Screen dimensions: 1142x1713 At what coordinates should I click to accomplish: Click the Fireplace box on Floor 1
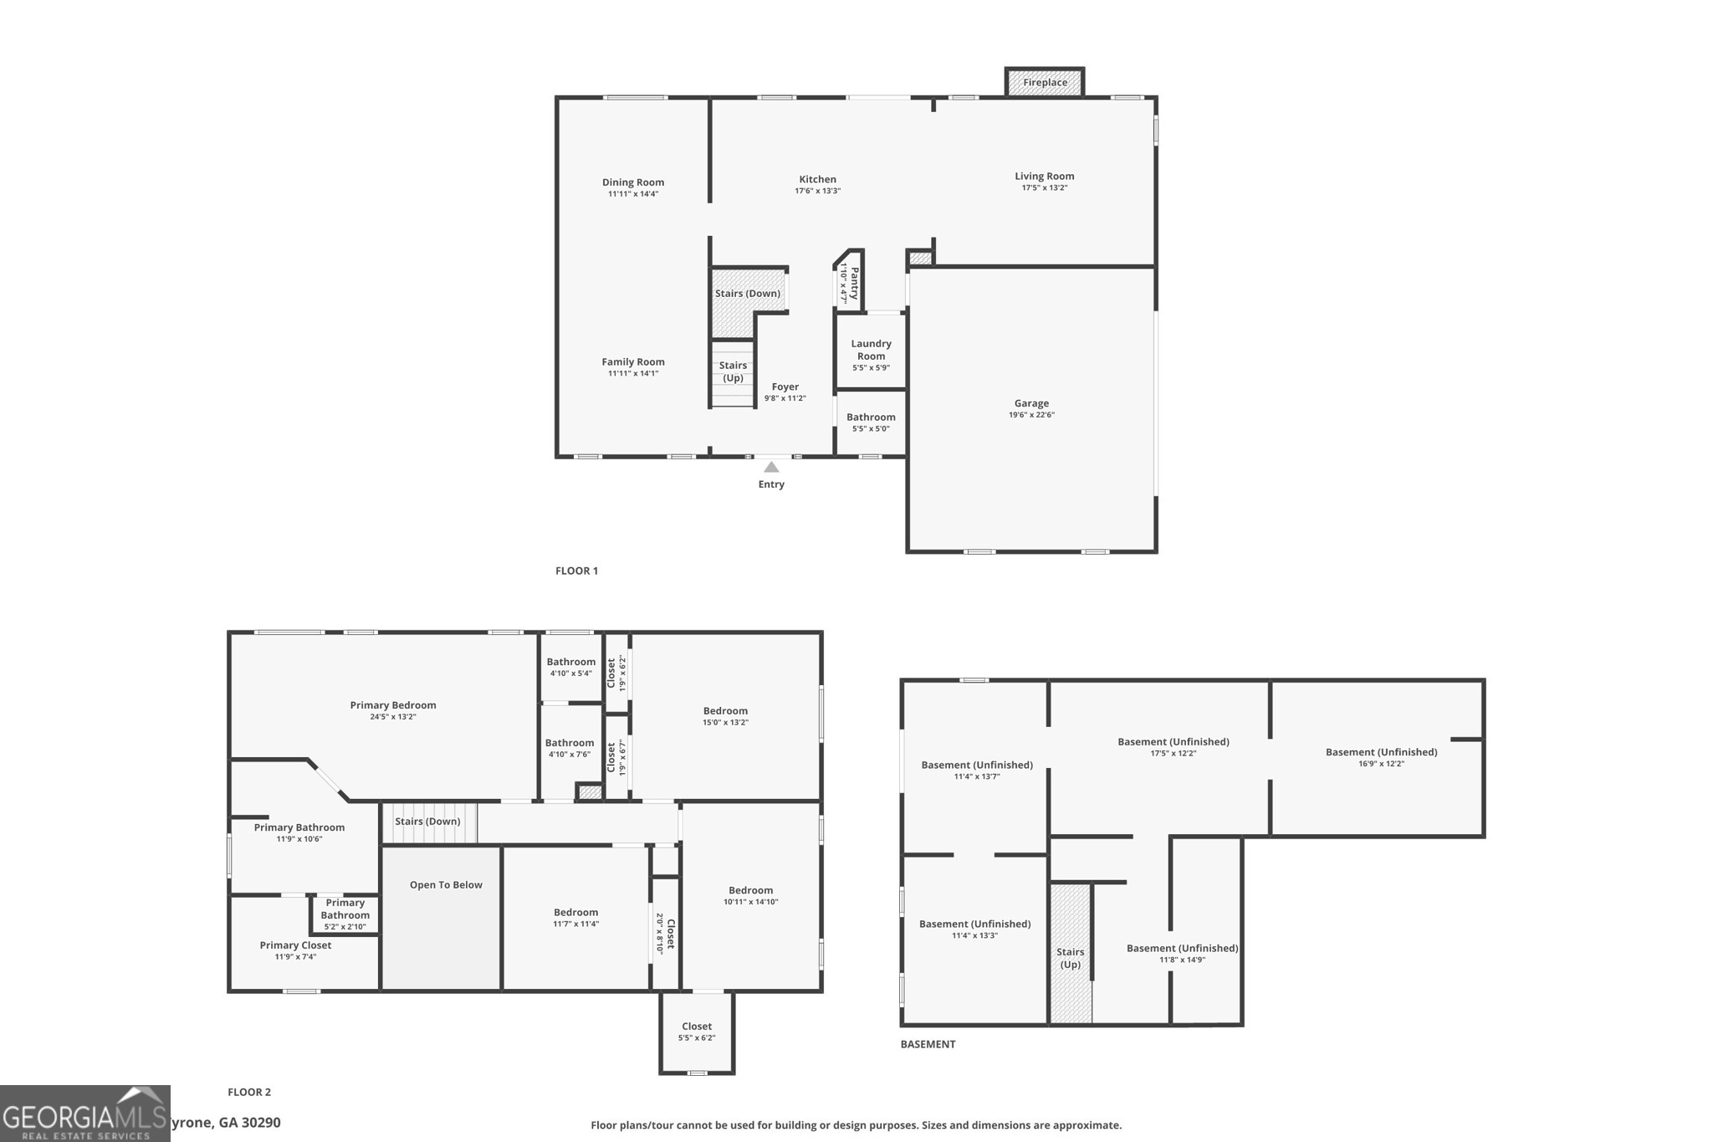1045,82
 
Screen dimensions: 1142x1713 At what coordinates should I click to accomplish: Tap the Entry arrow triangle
771,468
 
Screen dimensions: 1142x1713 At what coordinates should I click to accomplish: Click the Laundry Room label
871,350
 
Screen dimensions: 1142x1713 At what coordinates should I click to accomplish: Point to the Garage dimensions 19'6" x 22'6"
1031,415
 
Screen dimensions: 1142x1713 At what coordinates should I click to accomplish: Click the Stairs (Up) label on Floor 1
733,371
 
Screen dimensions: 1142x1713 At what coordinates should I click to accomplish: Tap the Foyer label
785,387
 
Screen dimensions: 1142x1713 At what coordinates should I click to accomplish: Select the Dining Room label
633,182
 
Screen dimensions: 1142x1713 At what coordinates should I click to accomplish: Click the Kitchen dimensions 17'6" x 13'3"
817,191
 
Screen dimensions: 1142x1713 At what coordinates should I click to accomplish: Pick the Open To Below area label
446,885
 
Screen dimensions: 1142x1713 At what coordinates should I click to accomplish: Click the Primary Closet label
295,945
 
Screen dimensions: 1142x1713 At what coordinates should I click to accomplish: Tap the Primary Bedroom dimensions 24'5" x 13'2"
393,717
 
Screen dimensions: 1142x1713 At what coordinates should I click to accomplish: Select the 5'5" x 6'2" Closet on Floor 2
697,1032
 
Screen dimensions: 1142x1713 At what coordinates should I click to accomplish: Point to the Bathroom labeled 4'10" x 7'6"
570,748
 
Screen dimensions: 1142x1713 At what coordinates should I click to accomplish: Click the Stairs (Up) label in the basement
1071,958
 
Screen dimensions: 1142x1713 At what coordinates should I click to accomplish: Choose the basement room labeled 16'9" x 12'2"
1381,757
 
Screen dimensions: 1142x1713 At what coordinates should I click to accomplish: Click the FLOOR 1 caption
576,571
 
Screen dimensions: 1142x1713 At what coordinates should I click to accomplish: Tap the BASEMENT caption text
928,1044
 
